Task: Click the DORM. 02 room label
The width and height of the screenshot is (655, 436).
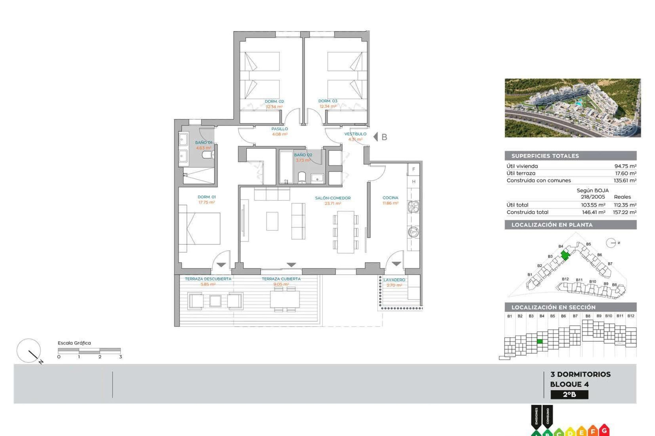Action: click(x=274, y=102)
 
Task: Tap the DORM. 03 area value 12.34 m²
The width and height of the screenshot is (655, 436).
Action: click(x=328, y=107)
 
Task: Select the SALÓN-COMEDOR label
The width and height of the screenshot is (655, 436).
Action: click(x=333, y=198)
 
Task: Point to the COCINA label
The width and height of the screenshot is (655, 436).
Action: click(x=390, y=198)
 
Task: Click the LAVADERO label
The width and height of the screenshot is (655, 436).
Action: click(x=394, y=280)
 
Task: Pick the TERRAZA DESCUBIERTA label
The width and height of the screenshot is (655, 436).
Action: click(x=208, y=279)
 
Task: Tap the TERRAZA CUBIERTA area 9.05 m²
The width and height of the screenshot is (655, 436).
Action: click(x=281, y=284)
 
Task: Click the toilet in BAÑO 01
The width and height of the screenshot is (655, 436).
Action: click(x=208, y=155)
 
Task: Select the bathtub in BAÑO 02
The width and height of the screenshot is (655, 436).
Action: click(x=286, y=167)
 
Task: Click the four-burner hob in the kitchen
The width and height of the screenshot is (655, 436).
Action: click(x=413, y=206)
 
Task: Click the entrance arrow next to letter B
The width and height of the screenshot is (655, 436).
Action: click(x=376, y=137)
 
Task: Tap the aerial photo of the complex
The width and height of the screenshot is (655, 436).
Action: click(x=572, y=108)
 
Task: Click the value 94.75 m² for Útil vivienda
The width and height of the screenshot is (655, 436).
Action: click(x=625, y=166)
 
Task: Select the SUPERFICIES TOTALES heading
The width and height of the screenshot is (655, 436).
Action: click(x=545, y=156)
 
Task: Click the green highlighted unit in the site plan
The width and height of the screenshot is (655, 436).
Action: click(x=565, y=255)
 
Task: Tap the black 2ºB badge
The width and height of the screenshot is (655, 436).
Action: click(x=569, y=395)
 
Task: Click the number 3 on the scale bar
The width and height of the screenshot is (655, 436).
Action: click(x=120, y=357)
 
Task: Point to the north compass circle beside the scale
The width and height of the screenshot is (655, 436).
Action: click(x=29, y=351)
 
